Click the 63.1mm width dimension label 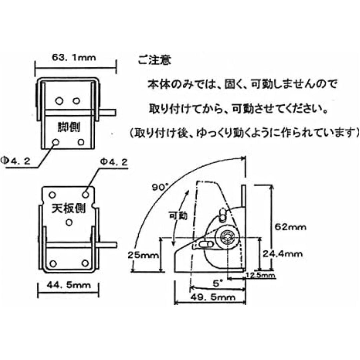pos(74,57)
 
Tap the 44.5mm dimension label pos(69,285)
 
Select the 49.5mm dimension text pos(213,297)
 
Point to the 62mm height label pos(290,227)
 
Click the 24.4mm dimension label pos(282,254)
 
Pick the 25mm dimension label pos(143,255)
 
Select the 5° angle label pos(216,284)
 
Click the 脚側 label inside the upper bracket pos(69,127)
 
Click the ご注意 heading pos(154,60)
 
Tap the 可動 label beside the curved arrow pos(178,216)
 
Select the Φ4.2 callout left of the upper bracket pos(16,161)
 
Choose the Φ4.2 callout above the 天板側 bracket pos(114,162)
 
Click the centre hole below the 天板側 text pos(69,222)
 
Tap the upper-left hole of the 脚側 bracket pos(59,101)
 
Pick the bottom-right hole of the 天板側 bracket pos(85,263)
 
